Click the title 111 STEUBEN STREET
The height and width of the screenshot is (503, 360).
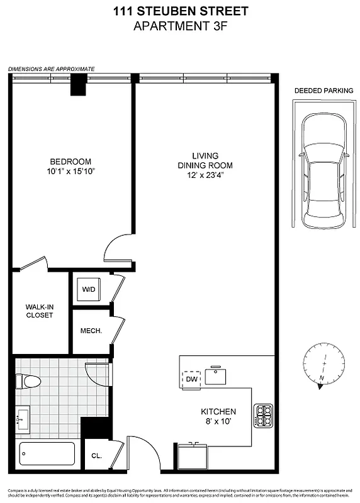(180, 11)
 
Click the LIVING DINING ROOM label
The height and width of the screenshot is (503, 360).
(205, 160)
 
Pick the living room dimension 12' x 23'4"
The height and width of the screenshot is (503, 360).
(205, 175)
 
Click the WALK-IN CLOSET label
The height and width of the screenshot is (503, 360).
(39, 311)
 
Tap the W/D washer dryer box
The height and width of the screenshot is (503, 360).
(87, 290)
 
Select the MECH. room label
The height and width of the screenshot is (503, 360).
(91, 331)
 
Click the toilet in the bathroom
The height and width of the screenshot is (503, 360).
(28, 380)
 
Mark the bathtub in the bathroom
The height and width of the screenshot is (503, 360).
(47, 453)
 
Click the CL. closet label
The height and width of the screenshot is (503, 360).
(96, 456)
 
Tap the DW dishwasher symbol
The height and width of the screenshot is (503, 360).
(191, 379)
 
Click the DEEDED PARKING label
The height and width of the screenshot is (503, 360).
(323, 91)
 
